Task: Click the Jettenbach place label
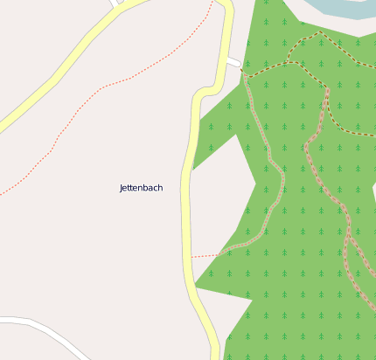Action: tap(141, 188)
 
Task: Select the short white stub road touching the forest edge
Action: tap(233, 63)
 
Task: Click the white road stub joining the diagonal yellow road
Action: tap(115, 3)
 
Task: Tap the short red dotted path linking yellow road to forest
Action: tap(208, 255)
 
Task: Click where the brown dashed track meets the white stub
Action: tap(244, 75)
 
